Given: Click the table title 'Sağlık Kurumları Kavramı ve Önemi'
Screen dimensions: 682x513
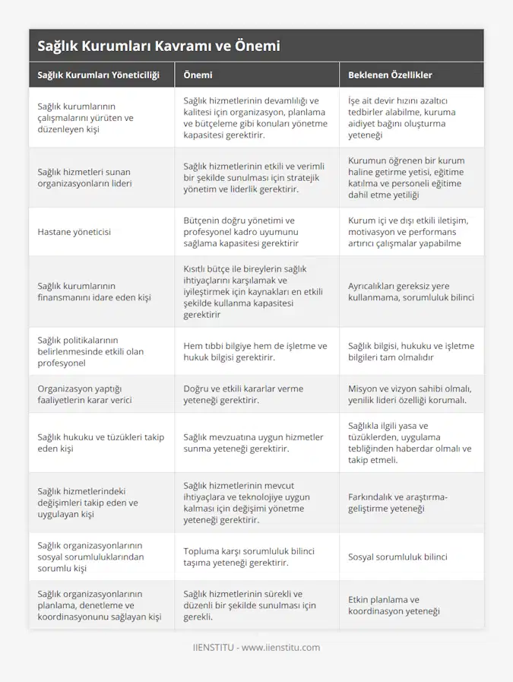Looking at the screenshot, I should pos(159,46).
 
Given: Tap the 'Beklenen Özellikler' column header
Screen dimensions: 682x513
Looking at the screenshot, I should pos(390,75).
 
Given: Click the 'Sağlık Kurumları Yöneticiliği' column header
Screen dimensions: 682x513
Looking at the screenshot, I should pos(98,75).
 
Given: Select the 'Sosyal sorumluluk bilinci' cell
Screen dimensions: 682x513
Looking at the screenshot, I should pos(397,557).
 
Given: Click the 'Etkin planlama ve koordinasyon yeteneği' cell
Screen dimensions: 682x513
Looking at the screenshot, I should pos(394,605).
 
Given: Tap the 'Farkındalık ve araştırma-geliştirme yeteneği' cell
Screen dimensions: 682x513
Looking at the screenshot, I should pos(397,503).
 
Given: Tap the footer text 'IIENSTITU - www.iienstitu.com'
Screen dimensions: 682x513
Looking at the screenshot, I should pos(256,648).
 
